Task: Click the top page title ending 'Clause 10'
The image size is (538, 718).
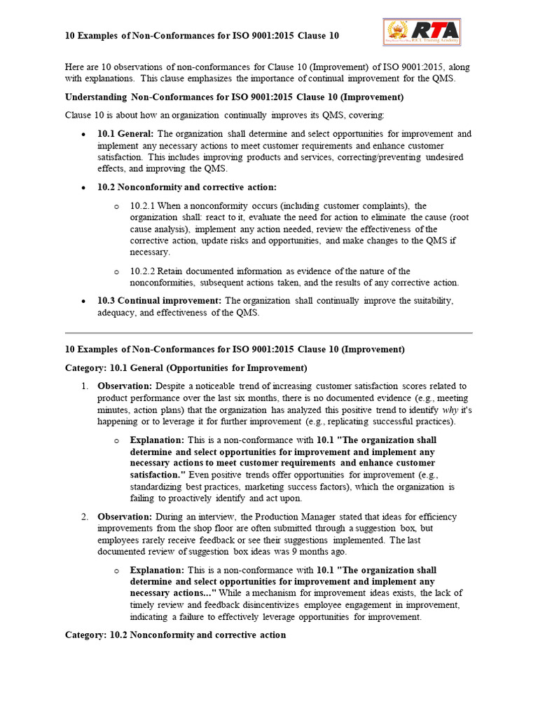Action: (202, 36)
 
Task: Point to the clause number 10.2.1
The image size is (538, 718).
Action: (143, 206)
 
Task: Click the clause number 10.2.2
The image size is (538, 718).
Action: (143, 271)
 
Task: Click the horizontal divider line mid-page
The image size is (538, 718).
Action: (269, 332)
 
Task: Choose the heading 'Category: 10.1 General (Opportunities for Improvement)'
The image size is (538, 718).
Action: (186, 367)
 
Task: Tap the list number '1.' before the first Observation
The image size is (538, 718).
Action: (83, 386)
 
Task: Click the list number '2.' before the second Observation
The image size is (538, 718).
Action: (83, 517)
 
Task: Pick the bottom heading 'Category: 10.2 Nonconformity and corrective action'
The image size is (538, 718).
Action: (175, 635)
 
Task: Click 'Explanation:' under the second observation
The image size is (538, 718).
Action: (157, 571)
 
